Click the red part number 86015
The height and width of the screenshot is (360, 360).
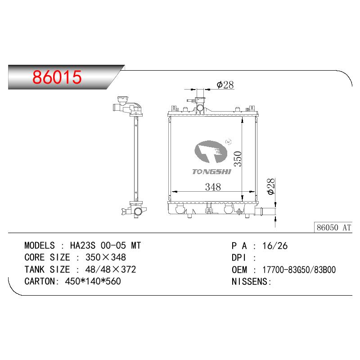point(57,77)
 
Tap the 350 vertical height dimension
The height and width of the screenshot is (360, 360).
point(238,159)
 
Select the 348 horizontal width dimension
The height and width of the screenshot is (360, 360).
point(213,187)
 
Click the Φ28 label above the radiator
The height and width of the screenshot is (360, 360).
point(225,85)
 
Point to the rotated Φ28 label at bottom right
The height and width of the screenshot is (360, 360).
point(271,186)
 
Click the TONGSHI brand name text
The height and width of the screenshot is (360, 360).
point(211,172)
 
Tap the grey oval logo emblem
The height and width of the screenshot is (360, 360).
point(211,152)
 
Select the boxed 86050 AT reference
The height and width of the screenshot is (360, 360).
point(333,228)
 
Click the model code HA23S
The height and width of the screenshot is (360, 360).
point(82,245)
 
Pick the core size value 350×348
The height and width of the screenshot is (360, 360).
point(106,257)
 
